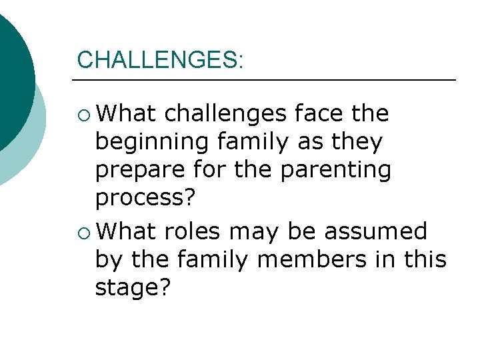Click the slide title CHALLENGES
(160, 59)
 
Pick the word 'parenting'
(335, 171)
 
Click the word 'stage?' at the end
(133, 290)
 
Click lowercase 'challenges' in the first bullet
(224, 115)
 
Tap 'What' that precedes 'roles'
(126, 231)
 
